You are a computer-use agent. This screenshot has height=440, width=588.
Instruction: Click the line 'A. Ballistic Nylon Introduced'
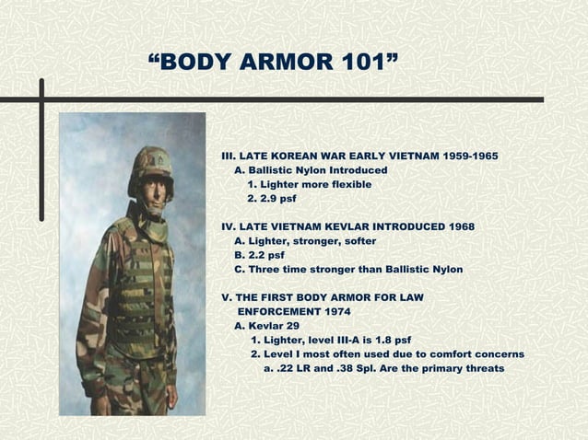311,170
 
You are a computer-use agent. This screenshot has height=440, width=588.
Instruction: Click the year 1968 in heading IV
459,226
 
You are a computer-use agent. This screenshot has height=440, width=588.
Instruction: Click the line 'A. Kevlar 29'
267,326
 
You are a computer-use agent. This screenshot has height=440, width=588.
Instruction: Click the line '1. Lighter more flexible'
310,185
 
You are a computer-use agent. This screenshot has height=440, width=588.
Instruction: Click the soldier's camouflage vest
142,285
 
